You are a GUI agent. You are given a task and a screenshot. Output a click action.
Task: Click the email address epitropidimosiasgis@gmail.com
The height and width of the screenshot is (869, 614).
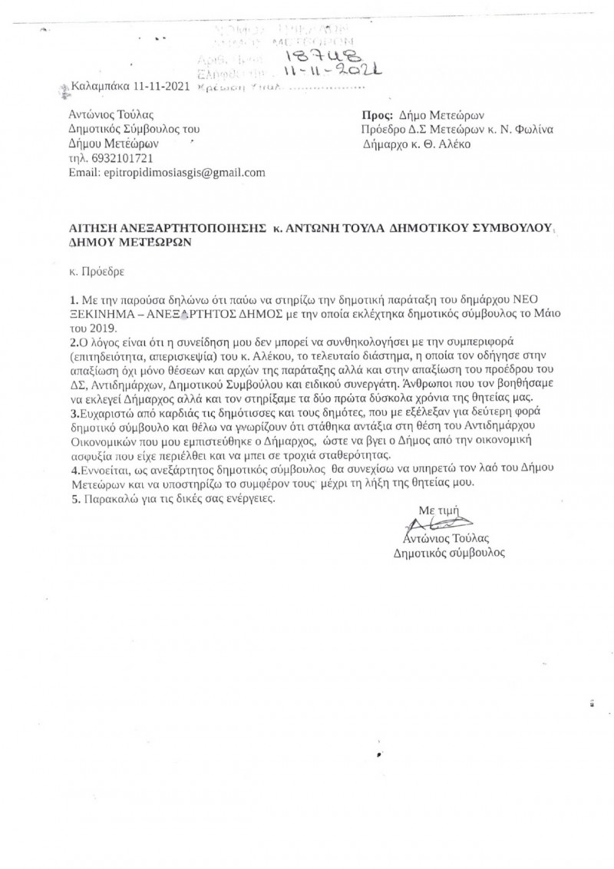click(x=178, y=173)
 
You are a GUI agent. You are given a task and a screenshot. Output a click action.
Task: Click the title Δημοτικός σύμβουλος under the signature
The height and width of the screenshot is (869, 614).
click(x=449, y=551)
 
